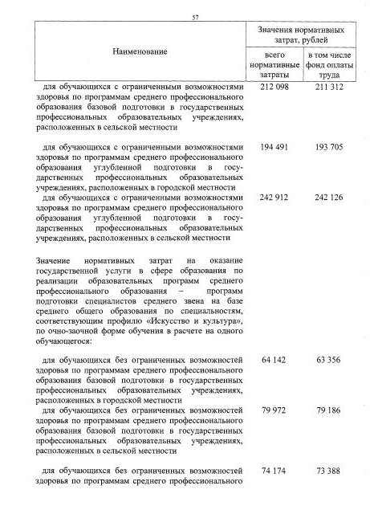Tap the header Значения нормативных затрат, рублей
[302, 35]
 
